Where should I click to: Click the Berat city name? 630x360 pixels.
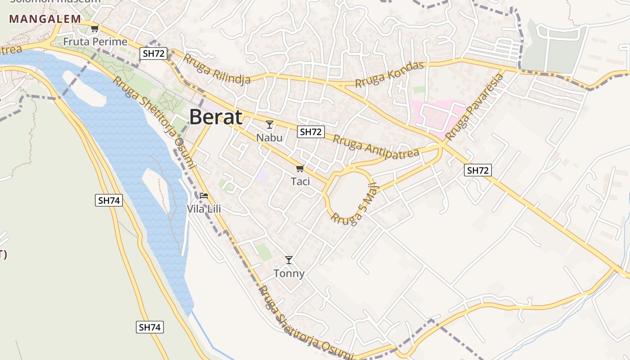point(216,117)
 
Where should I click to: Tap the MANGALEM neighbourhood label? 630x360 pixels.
point(45,19)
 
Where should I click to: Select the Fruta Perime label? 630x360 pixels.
point(95,42)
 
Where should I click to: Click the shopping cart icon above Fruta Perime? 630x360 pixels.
point(94,29)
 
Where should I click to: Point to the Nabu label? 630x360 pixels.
point(270,137)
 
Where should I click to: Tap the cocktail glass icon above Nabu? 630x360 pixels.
point(270,125)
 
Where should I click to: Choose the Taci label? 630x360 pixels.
point(300,181)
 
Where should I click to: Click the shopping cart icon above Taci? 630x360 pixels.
point(300,169)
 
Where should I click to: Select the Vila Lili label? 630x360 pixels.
point(204,209)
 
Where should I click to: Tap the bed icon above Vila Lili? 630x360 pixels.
point(204,196)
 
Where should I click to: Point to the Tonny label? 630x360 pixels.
point(289,273)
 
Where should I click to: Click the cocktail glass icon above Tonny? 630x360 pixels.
point(289,260)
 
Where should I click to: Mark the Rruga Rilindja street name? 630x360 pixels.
point(216,70)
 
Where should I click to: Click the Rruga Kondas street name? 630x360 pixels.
point(390,75)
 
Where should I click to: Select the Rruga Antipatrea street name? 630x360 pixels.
point(376,145)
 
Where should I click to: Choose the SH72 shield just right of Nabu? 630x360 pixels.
point(311,132)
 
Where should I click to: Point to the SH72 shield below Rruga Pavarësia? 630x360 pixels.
point(478,170)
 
